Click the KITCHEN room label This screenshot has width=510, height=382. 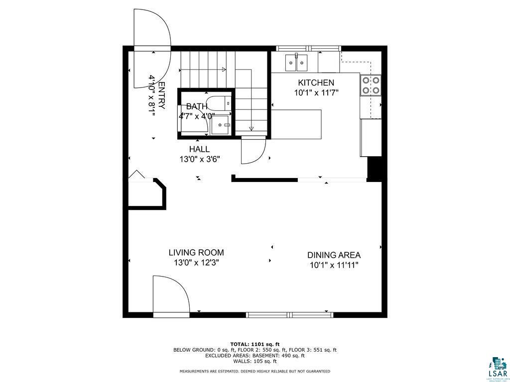(316, 83)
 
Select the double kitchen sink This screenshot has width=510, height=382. (296, 63)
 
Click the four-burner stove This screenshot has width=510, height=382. (371, 85)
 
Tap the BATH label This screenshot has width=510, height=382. (197, 106)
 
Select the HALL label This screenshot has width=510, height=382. (199, 149)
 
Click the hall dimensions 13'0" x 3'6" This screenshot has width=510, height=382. (200, 159)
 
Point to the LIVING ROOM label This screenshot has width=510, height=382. (196, 253)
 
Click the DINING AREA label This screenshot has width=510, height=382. (334, 255)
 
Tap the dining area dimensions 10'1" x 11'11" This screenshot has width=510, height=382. (334, 265)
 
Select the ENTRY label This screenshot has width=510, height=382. (161, 95)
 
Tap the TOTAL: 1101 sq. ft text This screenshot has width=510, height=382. (255, 344)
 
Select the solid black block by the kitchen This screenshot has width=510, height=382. (374, 168)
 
